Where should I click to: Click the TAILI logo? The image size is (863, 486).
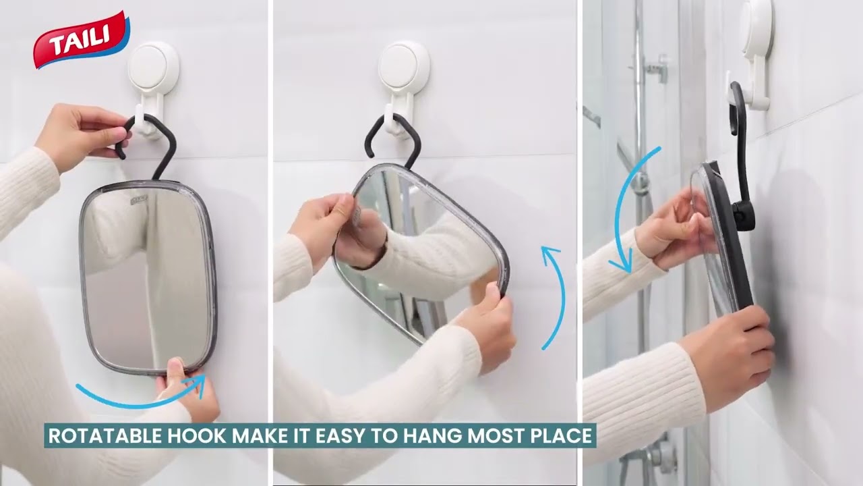(81, 40)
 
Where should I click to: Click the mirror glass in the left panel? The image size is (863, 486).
(148, 277)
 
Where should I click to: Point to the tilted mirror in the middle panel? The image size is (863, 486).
(421, 250)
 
